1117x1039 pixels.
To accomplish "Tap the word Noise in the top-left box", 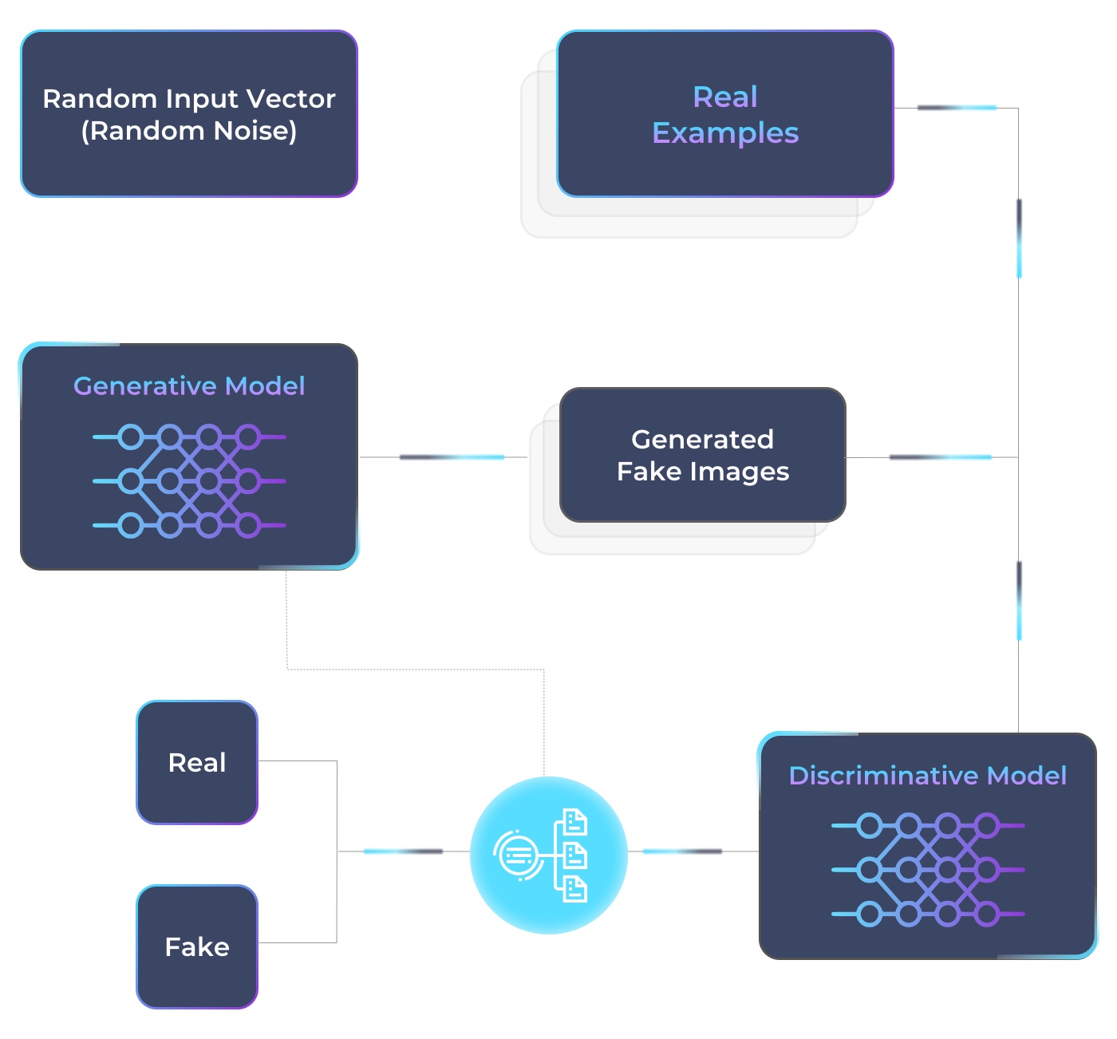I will [x=255, y=131].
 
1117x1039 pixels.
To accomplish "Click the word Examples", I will [x=724, y=133].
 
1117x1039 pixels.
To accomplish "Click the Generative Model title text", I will [x=189, y=386].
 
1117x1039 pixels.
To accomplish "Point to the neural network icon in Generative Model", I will [x=189, y=481].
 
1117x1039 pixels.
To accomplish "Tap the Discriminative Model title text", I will [x=927, y=776].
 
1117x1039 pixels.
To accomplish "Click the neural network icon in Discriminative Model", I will [x=927, y=870].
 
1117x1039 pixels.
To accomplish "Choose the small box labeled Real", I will [x=197, y=763].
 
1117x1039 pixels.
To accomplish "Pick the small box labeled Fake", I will [x=197, y=947].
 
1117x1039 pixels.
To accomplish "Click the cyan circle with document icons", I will [x=548, y=855].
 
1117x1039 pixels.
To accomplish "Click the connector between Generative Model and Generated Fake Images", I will [x=452, y=457].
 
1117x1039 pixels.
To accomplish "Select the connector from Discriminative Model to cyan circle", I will [x=682, y=851].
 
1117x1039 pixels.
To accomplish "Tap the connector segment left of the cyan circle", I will [x=403, y=851].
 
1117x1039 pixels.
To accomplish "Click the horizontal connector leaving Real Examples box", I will [x=956, y=108].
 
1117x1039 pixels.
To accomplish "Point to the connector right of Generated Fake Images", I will [x=940, y=457].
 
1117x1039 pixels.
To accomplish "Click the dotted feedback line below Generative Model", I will [x=415, y=669].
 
